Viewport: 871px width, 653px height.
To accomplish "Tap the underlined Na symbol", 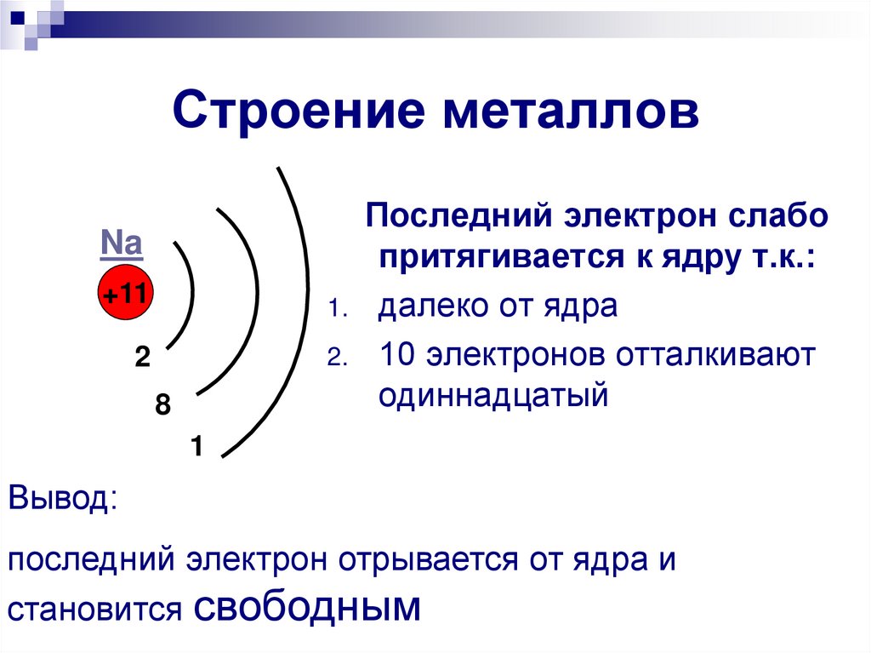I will (x=122, y=245).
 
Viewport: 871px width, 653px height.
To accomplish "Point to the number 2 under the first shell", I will (x=141, y=358).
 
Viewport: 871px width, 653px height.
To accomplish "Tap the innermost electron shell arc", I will (x=191, y=294).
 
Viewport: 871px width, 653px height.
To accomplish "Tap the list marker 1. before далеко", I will (x=335, y=310).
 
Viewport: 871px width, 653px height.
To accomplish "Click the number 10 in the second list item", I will (x=396, y=354).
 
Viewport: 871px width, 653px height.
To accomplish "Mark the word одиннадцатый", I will (x=493, y=395).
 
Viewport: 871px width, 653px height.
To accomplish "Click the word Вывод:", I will (x=64, y=497).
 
